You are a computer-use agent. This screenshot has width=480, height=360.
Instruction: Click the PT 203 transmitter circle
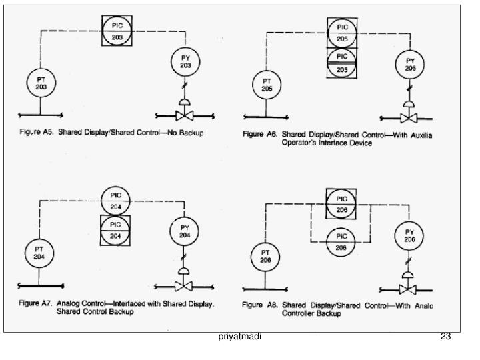tap(41, 83)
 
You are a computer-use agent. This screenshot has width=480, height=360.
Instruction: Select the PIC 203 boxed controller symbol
tap(117, 31)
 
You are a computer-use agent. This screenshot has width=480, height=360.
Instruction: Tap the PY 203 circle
tap(185, 62)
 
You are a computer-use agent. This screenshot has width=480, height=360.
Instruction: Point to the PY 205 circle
tap(410, 64)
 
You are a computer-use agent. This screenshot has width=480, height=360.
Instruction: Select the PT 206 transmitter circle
tap(265, 257)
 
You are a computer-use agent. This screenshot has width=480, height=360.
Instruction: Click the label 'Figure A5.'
tap(36, 133)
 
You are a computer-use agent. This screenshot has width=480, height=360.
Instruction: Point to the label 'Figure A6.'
tap(260, 134)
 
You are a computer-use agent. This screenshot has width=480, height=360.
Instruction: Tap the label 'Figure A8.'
tap(260, 305)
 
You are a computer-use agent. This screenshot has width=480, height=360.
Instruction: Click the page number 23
tap(446, 337)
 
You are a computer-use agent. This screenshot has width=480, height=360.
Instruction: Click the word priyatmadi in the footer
tap(240, 337)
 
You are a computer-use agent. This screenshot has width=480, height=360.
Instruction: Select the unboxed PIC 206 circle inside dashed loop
tap(341, 241)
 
